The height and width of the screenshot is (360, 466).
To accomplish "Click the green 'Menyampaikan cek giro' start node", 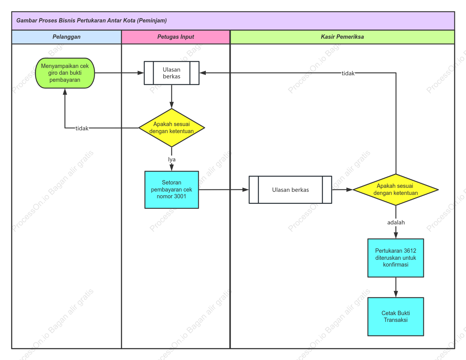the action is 65,73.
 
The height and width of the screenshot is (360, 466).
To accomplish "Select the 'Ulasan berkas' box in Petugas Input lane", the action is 172,73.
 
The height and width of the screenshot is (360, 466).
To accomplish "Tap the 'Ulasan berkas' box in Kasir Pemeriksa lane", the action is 290,190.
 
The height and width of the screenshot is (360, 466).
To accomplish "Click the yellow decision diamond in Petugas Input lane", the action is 172,128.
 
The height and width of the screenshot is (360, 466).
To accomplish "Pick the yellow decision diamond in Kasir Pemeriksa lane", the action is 396,189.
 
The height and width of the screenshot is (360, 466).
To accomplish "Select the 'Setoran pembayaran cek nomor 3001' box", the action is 172,190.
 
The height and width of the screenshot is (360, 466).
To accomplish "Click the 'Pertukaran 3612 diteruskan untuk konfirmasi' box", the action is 396,258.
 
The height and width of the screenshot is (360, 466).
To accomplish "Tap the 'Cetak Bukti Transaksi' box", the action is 396,317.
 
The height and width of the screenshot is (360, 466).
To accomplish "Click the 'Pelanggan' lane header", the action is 66,37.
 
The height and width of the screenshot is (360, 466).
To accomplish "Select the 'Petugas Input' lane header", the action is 176,37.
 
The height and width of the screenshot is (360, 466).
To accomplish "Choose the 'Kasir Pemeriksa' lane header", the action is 342,37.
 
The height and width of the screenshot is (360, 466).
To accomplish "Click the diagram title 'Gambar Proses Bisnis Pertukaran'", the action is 92,21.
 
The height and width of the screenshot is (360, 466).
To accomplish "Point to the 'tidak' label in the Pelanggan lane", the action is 82,129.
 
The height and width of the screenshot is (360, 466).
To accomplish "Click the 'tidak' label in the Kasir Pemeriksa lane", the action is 348,73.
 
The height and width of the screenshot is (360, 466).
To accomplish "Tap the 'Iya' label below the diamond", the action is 172,160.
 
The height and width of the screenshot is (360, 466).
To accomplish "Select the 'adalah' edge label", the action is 396,223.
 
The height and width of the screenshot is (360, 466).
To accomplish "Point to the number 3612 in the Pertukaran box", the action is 410,251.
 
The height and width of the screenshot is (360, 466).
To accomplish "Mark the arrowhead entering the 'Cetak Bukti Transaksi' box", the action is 396,294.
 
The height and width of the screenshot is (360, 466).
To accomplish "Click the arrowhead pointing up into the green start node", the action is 65,92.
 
